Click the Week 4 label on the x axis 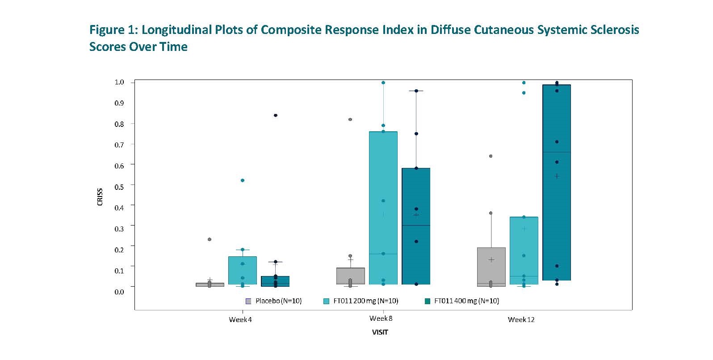point(240,320)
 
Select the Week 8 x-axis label point(381,318)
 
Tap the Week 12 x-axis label point(521,320)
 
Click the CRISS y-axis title point(100,197)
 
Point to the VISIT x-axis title point(380,332)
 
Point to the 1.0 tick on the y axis point(119,82)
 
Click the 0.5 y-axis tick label point(119,187)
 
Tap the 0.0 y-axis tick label point(119,292)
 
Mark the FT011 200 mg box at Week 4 point(243,270)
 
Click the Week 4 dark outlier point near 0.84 point(276,115)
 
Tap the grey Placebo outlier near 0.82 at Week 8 point(350,119)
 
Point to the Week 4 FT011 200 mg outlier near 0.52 point(243,180)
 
